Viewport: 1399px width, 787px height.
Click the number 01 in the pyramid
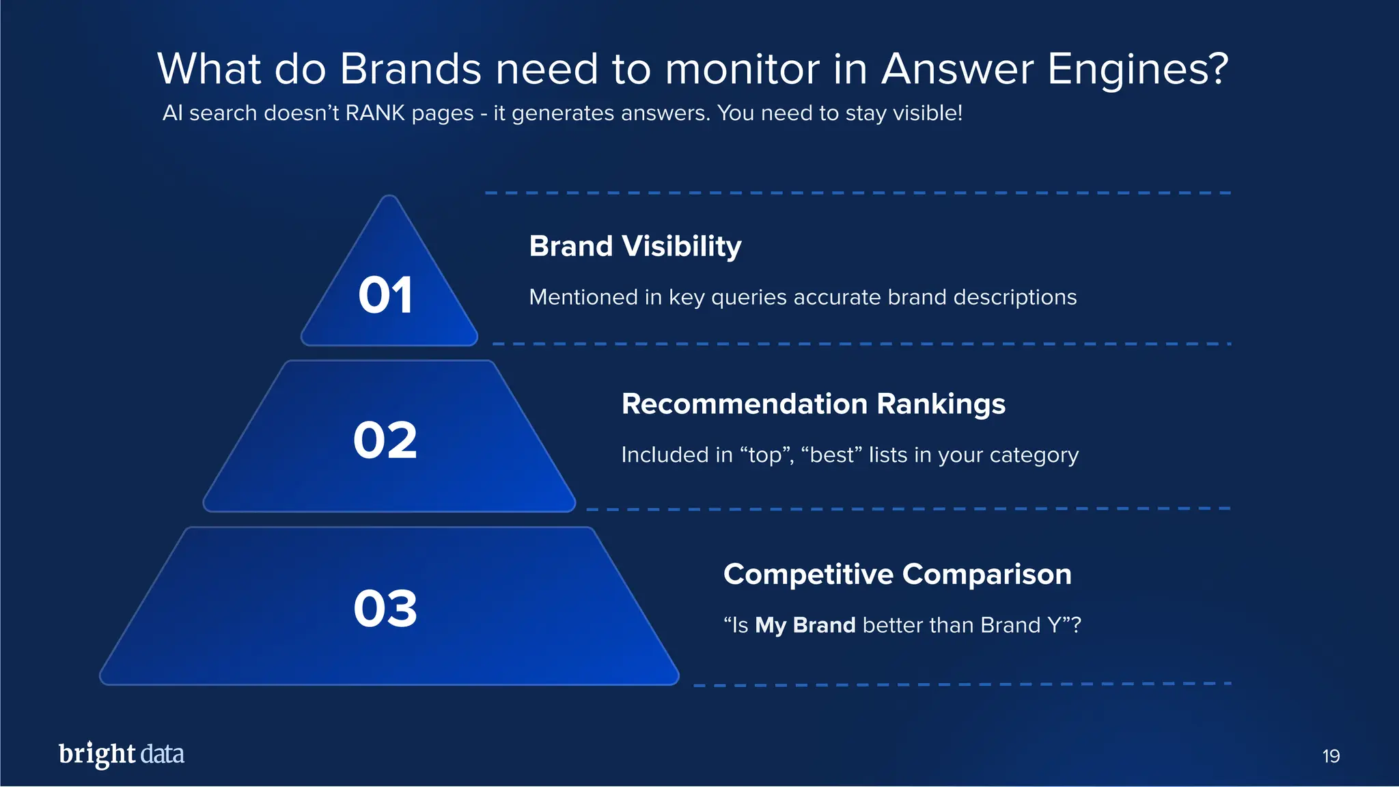(385, 296)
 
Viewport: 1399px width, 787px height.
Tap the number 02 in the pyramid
(385, 441)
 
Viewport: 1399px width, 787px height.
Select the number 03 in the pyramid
(385, 609)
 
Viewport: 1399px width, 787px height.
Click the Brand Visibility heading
(635, 246)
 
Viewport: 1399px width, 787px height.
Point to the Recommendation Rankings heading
(813, 404)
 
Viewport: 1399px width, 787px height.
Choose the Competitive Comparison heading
(897, 574)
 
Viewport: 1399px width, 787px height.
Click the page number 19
(1331, 756)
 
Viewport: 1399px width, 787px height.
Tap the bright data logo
(122, 754)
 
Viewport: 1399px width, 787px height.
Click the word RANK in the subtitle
(375, 113)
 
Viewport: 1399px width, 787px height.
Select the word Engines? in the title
(1137, 69)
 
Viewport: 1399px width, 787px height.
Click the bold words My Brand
(805, 625)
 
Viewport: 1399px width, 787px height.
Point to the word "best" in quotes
(831, 455)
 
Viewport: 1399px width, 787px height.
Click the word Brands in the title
(411, 69)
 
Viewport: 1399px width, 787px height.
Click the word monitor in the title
(742, 69)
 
